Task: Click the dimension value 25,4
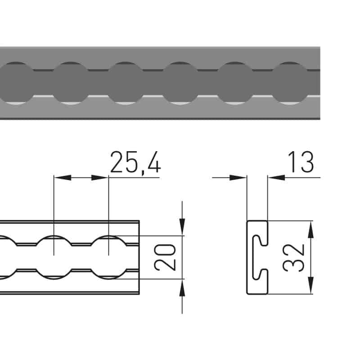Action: [135, 162]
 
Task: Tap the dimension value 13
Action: [301, 162]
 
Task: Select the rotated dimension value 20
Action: [165, 257]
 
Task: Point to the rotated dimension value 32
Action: [293, 258]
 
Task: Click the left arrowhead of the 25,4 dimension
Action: [63, 177]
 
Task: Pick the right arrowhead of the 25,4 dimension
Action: [100, 177]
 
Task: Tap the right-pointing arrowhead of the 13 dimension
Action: [238, 177]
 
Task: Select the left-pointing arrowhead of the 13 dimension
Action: [276, 177]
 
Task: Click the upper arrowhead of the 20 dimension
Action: [182, 227]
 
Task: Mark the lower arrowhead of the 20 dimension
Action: [182, 288]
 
